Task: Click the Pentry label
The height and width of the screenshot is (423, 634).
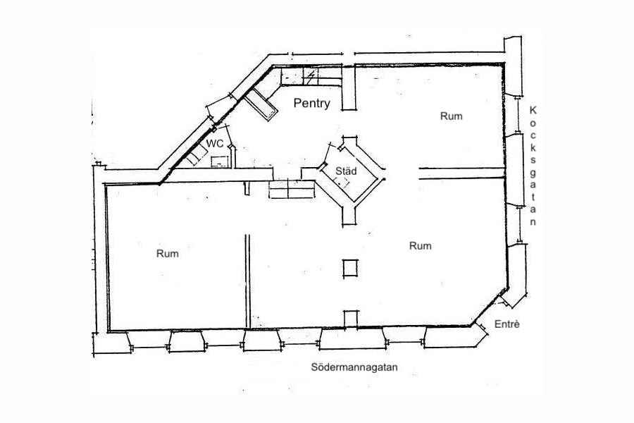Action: tap(313, 104)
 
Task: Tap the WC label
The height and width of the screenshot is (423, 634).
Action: tap(214, 144)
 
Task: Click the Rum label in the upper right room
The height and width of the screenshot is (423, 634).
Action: tap(451, 116)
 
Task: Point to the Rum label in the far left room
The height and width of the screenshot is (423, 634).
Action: tap(167, 254)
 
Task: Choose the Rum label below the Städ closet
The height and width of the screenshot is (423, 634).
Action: tap(420, 246)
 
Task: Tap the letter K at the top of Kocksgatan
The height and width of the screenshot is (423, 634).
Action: tap(533, 111)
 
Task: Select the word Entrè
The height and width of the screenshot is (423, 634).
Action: tap(506, 324)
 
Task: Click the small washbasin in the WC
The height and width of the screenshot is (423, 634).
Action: tap(220, 161)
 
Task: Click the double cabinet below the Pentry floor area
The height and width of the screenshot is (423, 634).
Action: tap(292, 190)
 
